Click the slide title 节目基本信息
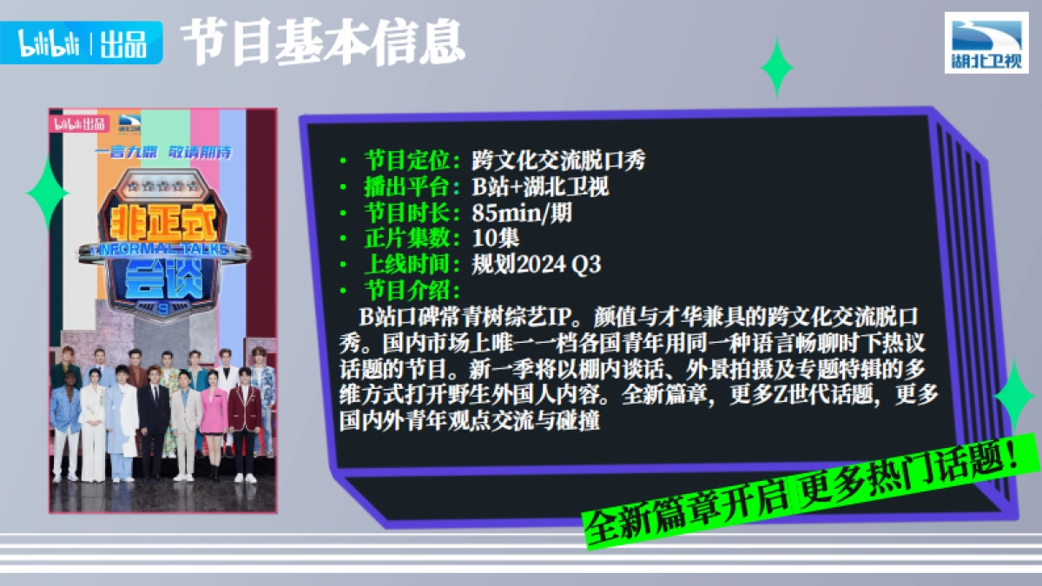321,42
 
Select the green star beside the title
776,67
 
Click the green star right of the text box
1013,395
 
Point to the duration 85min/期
522,213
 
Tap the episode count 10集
496,238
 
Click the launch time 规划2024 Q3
536,264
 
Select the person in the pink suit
213,425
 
